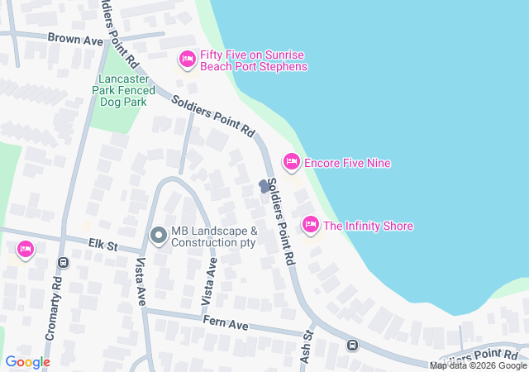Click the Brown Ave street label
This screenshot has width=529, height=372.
[74, 38]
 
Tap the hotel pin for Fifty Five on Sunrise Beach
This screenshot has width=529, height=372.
[187, 59]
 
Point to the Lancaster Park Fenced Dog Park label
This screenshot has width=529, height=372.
[121, 90]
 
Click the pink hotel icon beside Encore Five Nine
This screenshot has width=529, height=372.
[291, 161]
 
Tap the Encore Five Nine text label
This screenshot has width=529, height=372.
[347, 163]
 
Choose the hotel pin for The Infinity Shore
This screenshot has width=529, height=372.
[310, 224]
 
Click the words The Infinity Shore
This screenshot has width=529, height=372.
[368, 226]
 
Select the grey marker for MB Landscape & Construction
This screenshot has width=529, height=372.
[158, 236]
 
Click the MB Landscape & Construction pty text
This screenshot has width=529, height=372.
[214, 237]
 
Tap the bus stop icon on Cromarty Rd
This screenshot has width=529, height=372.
[63, 263]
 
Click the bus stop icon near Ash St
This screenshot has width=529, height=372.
[352, 345]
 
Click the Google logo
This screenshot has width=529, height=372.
[27, 362]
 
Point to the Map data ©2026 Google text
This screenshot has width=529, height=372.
[478, 365]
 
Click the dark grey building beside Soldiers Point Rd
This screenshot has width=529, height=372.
[264, 186]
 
